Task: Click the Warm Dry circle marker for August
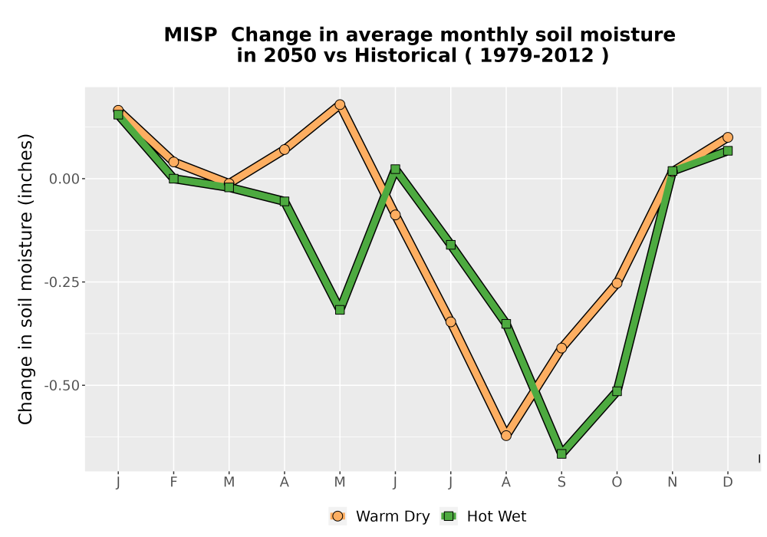click(x=506, y=435)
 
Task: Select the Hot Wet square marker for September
click(x=561, y=454)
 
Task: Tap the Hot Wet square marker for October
click(x=617, y=391)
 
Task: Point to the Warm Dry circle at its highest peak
click(x=340, y=104)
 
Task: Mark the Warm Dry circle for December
click(x=728, y=137)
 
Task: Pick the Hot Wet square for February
click(x=173, y=179)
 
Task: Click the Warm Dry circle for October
click(x=617, y=283)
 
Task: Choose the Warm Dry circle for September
click(x=561, y=348)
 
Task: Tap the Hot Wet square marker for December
click(x=728, y=150)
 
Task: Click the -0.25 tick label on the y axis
click(x=61, y=282)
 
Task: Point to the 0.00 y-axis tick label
click(x=64, y=179)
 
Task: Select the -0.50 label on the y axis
click(x=61, y=385)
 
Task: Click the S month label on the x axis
click(x=561, y=483)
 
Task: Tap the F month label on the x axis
click(x=173, y=483)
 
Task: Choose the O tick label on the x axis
click(x=617, y=483)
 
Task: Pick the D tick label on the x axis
click(x=728, y=483)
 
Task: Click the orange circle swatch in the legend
click(x=337, y=516)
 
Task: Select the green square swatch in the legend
click(x=449, y=516)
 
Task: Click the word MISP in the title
click(x=190, y=35)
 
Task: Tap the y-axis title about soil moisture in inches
click(x=25, y=278)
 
